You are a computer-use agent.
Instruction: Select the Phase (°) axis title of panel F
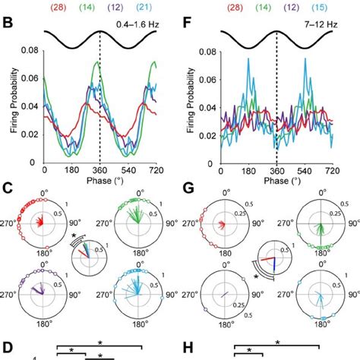pyautogui.click(x=276, y=183)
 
